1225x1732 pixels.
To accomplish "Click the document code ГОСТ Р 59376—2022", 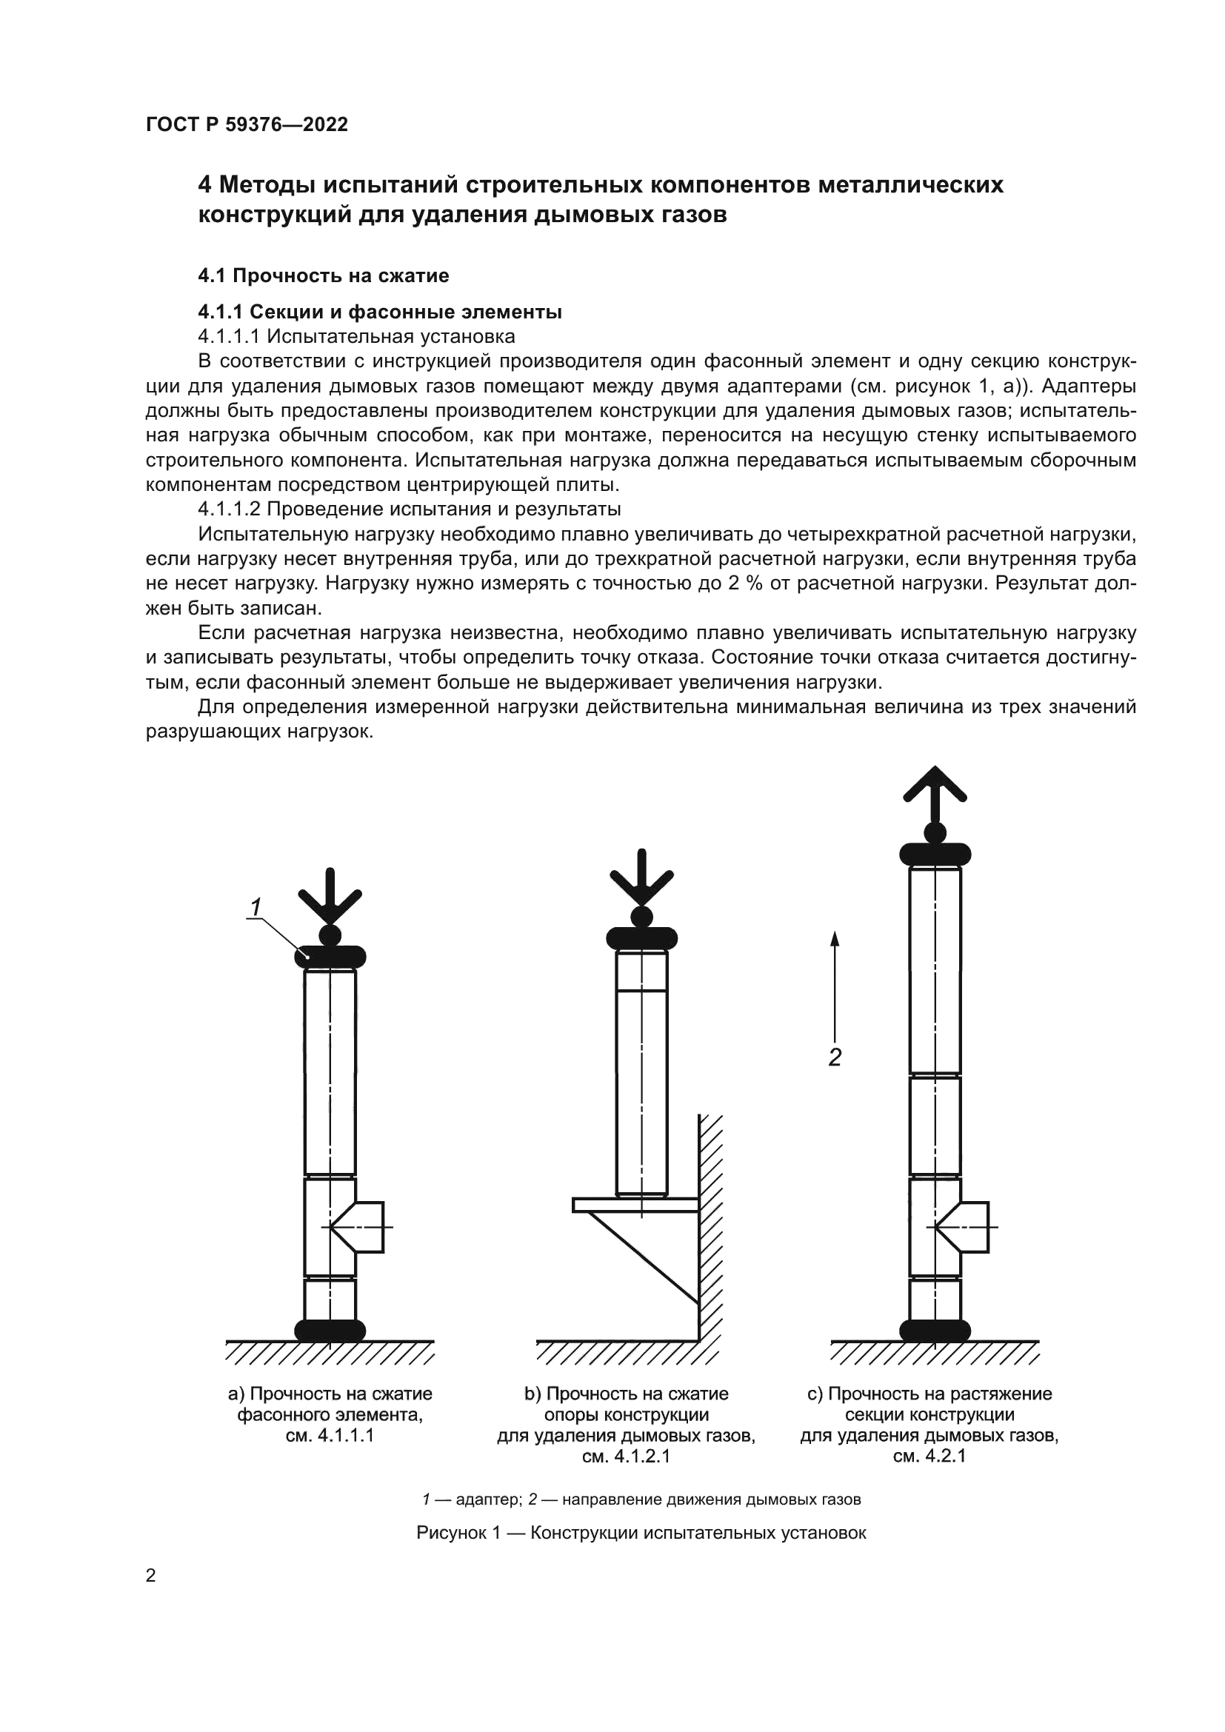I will click(x=247, y=124).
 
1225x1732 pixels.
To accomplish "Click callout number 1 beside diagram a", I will click(x=256, y=906).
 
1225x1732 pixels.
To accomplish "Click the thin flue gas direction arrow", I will click(x=834, y=989).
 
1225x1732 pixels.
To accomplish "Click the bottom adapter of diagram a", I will click(x=330, y=1330).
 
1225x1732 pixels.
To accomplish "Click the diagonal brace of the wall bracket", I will click(x=649, y=1257).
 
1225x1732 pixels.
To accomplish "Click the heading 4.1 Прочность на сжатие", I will click(x=323, y=276).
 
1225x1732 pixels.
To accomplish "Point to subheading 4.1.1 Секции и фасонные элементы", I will click(x=379, y=312).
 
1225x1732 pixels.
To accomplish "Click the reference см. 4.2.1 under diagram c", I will click(x=929, y=1456).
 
